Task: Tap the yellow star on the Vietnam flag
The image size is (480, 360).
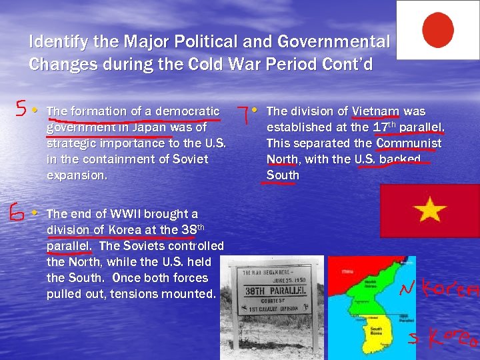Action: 429,211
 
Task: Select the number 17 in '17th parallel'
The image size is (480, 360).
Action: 381,127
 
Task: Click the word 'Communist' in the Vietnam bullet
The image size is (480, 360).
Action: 409,143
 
